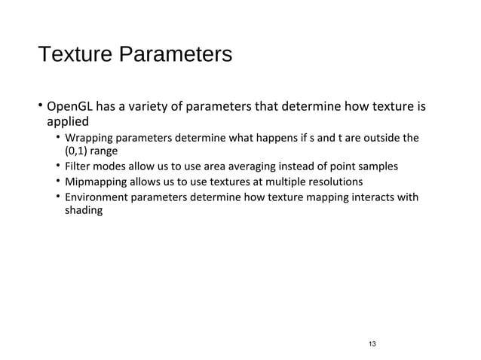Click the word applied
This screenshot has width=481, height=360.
(x=68, y=121)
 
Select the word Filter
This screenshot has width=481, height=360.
(x=78, y=166)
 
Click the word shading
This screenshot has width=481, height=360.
(x=83, y=212)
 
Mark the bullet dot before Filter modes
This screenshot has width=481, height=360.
(x=58, y=165)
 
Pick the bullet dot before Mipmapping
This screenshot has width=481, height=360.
(x=58, y=182)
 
